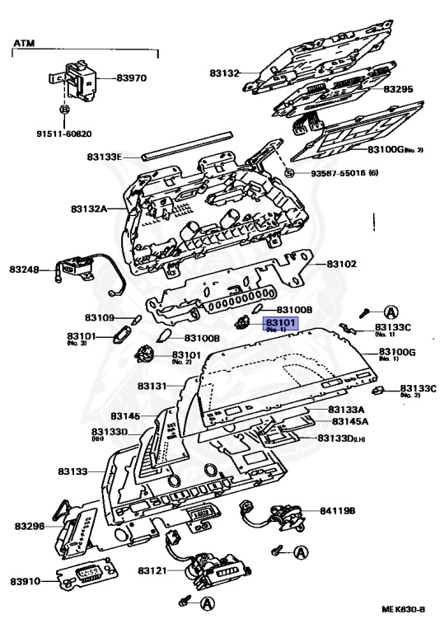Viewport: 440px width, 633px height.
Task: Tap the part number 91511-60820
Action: [63, 133]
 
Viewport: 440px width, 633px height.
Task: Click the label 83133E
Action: [104, 157]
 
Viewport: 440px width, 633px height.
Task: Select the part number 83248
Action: [26, 270]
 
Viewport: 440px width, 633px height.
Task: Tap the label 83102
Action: [341, 264]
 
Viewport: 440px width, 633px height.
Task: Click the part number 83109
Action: [100, 317]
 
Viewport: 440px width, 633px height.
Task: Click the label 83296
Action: [30, 525]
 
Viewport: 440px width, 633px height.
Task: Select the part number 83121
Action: [153, 570]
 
